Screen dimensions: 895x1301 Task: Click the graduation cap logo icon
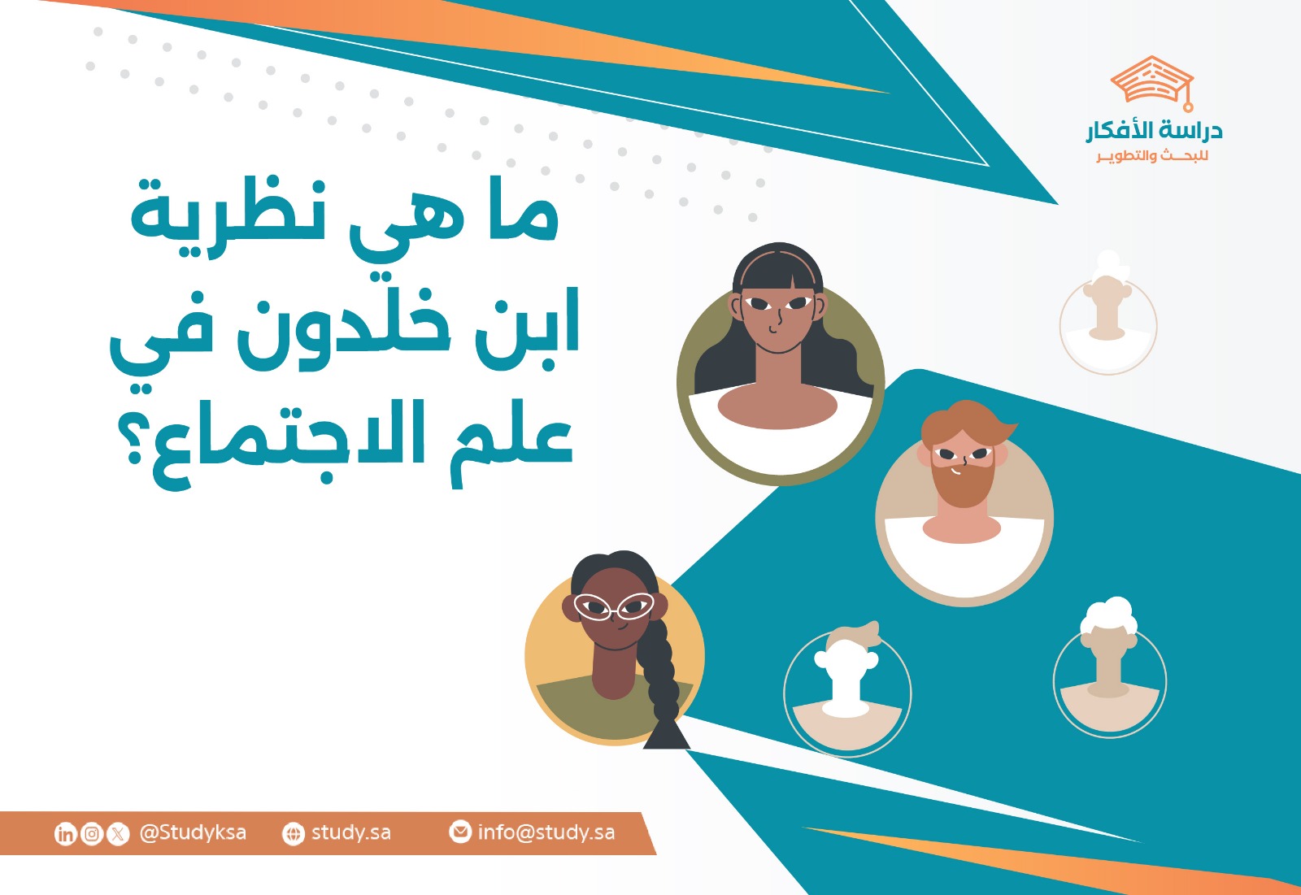1152,82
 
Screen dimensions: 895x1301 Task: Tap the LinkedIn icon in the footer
65,833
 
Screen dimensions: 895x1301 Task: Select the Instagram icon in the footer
92,833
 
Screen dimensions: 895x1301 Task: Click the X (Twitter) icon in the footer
119,833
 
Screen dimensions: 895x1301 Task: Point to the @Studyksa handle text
193,832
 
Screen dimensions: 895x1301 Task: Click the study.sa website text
350,832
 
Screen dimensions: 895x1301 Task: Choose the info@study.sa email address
546,832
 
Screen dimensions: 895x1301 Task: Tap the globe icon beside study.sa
293,833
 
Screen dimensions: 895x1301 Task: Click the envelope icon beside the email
460,832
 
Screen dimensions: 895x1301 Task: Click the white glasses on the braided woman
614,606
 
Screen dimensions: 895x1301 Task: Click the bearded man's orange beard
963,483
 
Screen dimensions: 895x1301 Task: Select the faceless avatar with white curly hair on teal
1109,671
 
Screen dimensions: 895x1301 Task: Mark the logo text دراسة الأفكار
1154,130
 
